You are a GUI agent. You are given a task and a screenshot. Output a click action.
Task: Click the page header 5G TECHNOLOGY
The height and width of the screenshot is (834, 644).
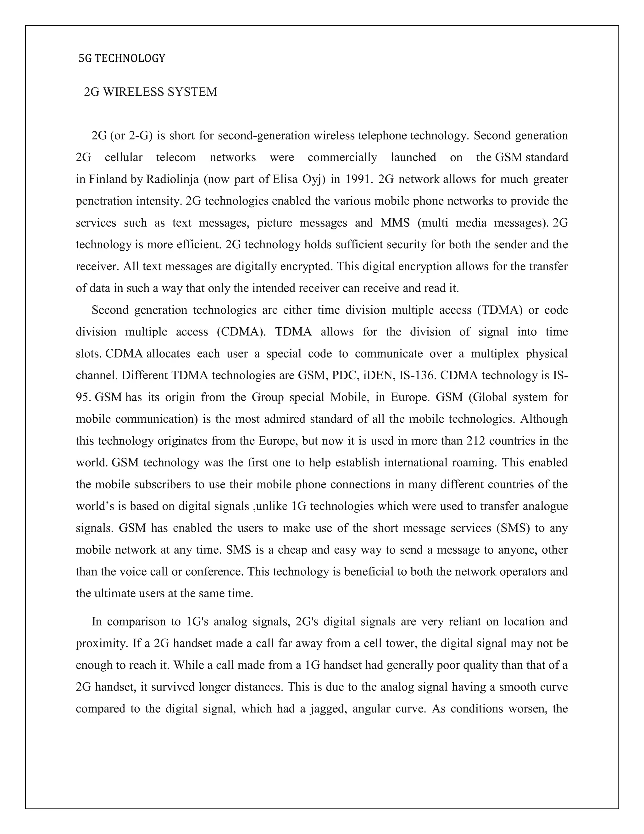[122, 59]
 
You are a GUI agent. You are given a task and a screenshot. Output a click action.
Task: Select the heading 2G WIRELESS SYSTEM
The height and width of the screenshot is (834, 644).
[150, 92]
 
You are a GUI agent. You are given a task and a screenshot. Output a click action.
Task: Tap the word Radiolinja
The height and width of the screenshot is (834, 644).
[172, 179]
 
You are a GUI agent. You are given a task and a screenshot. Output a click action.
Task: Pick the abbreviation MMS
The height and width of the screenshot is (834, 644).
[395, 223]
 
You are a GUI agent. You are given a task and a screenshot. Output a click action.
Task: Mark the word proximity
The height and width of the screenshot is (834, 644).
[101, 644]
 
